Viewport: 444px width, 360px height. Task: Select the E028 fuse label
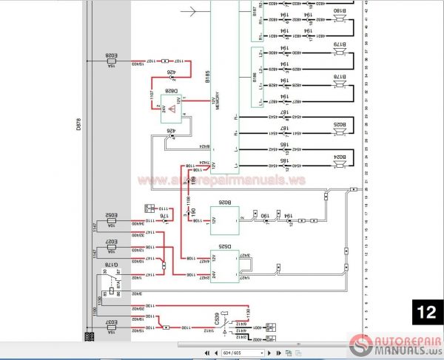coord(112,55)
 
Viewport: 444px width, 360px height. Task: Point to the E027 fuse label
coord(112,242)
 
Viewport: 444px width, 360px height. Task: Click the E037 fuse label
coord(112,322)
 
